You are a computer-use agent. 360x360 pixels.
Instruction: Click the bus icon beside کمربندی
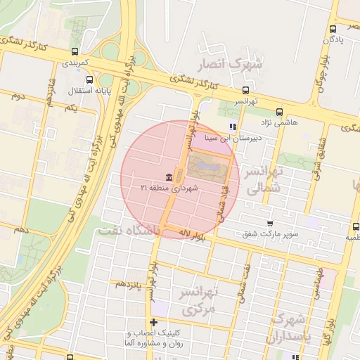[x=75, y=51]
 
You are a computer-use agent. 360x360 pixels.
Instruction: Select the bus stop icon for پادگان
[x=333, y=29]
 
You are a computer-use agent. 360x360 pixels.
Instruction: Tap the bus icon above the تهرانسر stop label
[x=245, y=89]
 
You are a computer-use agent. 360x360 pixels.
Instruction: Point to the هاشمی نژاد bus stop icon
[x=280, y=111]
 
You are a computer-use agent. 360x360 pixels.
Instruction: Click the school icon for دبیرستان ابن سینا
[x=232, y=127]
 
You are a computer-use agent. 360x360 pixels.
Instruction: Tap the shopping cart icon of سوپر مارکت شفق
[x=269, y=222]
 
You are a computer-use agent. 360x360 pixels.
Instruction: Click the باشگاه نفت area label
[x=130, y=230]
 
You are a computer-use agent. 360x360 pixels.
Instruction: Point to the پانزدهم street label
[x=130, y=283]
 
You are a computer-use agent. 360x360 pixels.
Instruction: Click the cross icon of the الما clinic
[x=154, y=321]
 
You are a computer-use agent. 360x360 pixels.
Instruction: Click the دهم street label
[x=21, y=230]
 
